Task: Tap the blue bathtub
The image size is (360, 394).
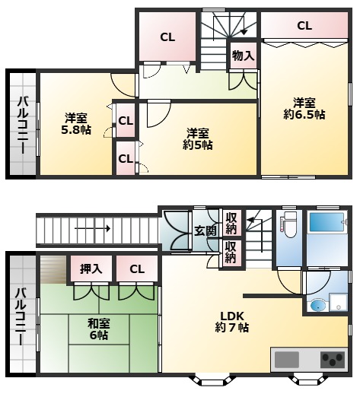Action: point(327,222)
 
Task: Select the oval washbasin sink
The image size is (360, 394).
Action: point(318,305)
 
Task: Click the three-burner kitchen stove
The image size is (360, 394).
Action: point(333,360)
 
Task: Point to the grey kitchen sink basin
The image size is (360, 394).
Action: point(287,360)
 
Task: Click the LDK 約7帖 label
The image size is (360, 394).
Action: point(231,322)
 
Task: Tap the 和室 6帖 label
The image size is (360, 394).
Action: point(99,329)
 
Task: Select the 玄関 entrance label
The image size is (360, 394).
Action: point(205,230)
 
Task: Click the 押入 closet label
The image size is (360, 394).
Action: point(91,269)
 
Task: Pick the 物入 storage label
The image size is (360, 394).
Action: point(244,56)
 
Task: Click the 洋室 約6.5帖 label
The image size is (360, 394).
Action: point(304,109)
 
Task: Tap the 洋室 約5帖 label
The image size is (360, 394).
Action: point(198,139)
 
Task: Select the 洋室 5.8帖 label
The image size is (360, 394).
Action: point(76,124)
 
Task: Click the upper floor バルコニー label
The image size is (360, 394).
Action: point(22,125)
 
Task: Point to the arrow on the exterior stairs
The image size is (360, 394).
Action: point(92,229)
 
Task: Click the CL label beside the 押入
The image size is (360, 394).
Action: point(137,269)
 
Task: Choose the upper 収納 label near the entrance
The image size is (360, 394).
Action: point(231,224)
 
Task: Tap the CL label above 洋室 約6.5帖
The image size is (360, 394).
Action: point(304,26)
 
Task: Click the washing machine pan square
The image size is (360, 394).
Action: point(339,302)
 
